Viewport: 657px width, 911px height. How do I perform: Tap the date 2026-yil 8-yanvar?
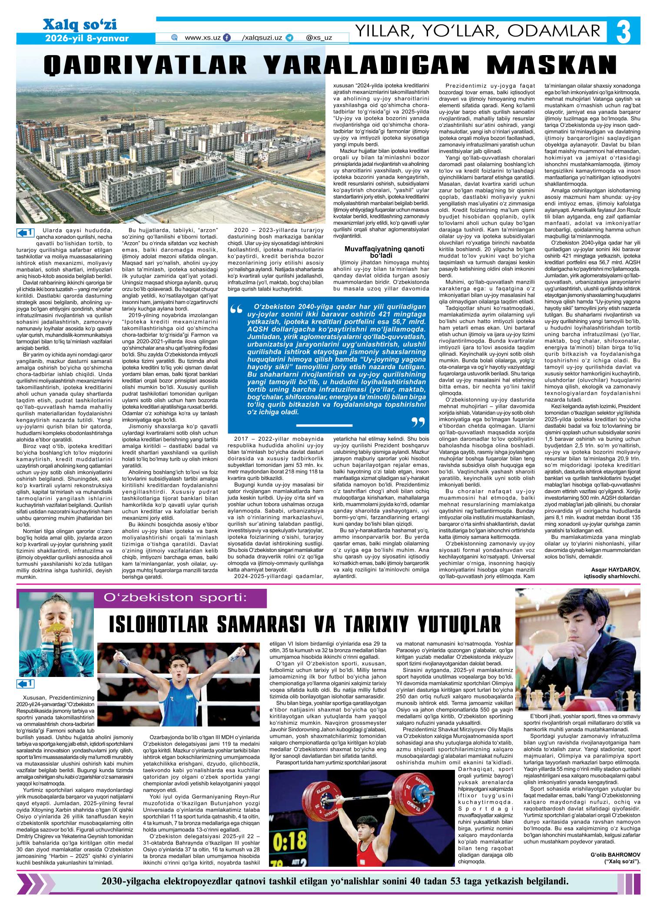pos(87,38)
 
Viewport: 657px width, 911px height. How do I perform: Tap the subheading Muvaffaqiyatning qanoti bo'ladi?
pos(384,252)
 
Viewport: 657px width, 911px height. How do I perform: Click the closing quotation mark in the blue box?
pos(417,424)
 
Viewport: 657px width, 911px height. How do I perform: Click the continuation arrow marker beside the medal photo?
pos(25,685)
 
